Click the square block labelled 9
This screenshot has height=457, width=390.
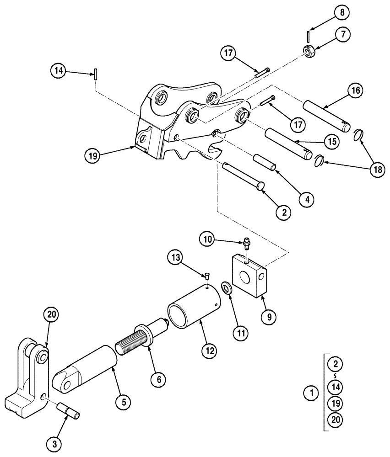point(248,276)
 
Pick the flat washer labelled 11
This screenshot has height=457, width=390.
point(226,287)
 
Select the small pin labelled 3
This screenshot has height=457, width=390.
point(69,410)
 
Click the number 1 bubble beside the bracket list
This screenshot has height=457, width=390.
point(312,392)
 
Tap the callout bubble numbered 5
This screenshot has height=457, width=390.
point(123,402)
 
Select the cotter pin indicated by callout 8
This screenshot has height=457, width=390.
point(309,35)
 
